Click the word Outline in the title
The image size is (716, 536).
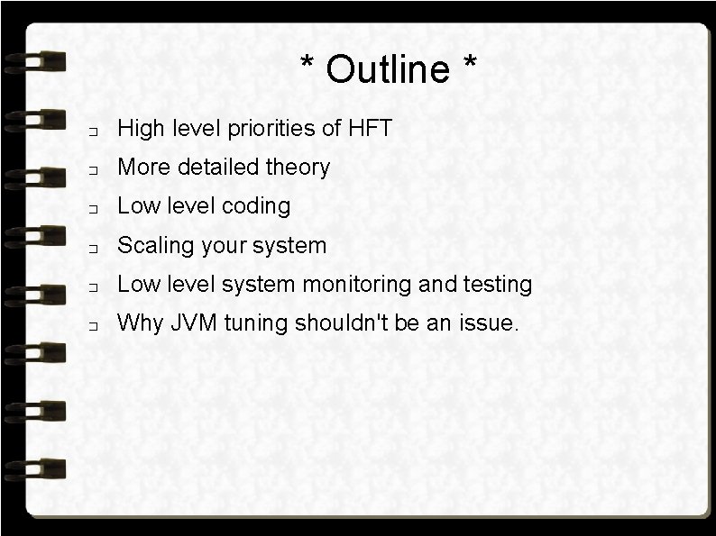(388, 69)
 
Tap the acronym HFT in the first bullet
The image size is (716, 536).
(370, 129)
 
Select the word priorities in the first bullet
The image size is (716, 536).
(270, 129)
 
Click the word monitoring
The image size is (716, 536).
(354, 285)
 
